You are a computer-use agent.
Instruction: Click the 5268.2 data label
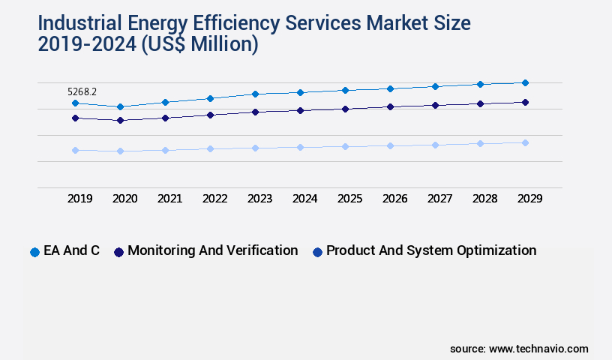pos(82,91)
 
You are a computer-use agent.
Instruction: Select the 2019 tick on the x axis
pos(80,199)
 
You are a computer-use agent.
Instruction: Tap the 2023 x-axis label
pos(260,199)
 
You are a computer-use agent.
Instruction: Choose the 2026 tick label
pos(395,199)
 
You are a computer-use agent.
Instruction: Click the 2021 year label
pos(170,199)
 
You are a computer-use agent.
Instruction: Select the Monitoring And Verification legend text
pos(212,250)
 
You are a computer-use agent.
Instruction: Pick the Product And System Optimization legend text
pos(431,250)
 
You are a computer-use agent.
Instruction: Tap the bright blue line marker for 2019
pos(75,103)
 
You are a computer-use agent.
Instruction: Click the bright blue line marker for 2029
pos(525,82)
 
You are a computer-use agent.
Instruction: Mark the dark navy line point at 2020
pos(120,120)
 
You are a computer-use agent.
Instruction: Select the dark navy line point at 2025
pos(345,109)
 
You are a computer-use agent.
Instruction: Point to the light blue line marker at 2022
pos(210,148)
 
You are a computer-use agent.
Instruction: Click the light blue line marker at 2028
pos(480,143)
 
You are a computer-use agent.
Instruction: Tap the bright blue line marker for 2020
pos(120,106)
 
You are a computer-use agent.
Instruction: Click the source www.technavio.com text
pos(519,349)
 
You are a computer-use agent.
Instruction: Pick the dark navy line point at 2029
pos(525,102)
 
